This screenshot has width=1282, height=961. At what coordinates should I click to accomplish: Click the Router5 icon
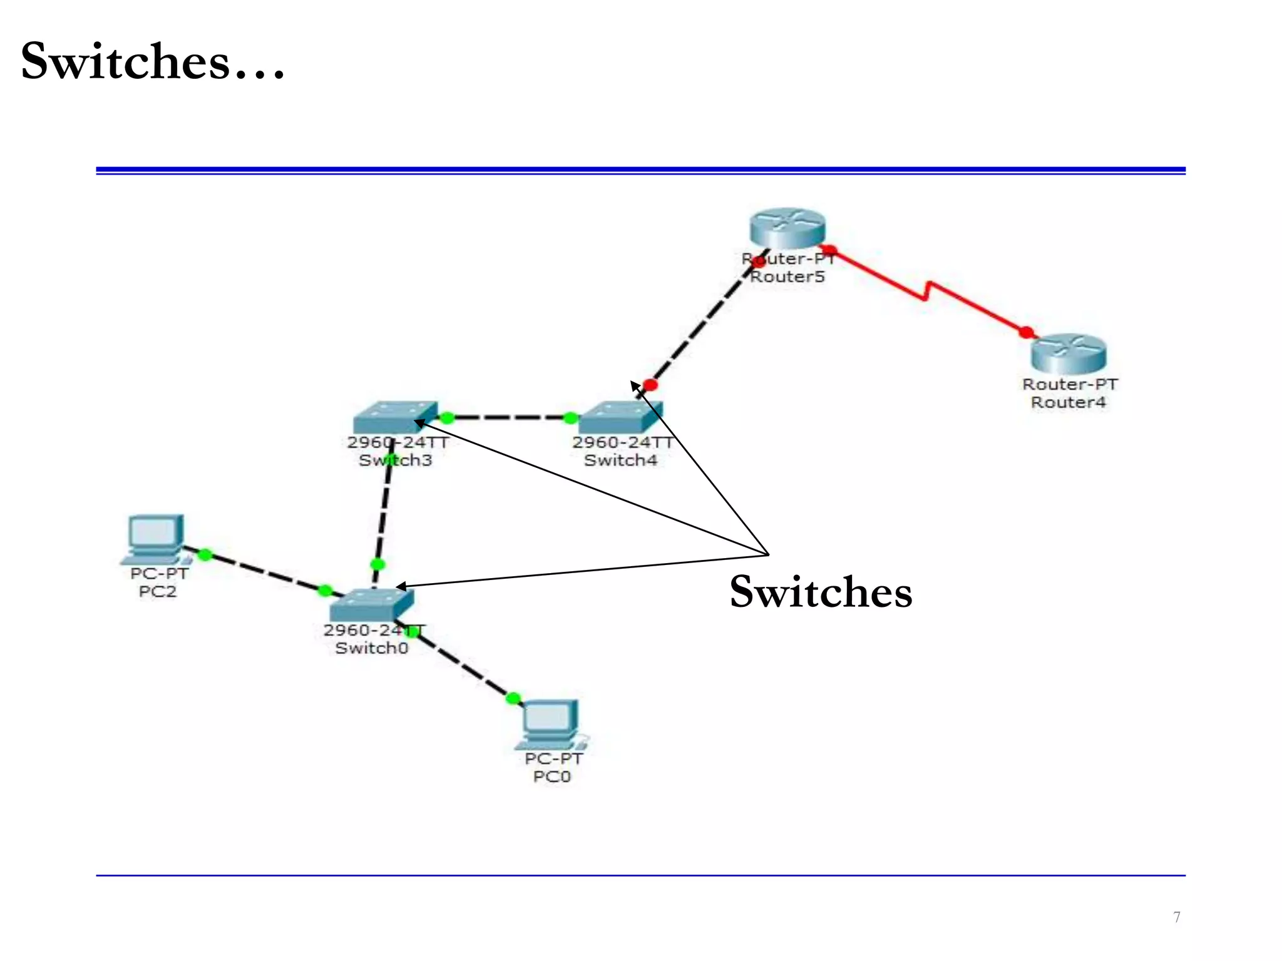(x=787, y=228)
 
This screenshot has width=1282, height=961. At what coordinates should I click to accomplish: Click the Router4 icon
(x=1069, y=354)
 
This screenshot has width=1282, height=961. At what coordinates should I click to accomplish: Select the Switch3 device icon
(x=395, y=417)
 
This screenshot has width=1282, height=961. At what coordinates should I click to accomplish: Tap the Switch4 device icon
(x=620, y=417)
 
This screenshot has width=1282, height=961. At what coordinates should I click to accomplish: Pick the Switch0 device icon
(x=372, y=604)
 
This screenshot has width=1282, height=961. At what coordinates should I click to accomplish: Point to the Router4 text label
(x=1069, y=402)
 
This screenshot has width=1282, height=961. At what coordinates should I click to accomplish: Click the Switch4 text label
(x=620, y=460)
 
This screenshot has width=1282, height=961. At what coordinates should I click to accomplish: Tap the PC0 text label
(x=551, y=776)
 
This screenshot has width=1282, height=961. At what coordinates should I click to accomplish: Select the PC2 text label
(x=158, y=591)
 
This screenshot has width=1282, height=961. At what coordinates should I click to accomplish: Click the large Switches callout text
(x=821, y=592)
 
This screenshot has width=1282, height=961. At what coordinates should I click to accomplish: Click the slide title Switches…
(x=152, y=61)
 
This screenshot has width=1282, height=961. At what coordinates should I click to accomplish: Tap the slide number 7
(x=1176, y=917)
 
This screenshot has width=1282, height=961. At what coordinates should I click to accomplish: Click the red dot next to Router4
(x=1026, y=332)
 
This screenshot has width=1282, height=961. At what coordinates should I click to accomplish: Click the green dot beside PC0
(x=513, y=698)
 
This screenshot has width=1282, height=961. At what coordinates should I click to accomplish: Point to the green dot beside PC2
(x=205, y=554)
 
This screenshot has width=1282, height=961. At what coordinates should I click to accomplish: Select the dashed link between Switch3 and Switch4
(x=508, y=417)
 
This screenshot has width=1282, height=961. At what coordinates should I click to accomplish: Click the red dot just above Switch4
(x=650, y=385)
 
